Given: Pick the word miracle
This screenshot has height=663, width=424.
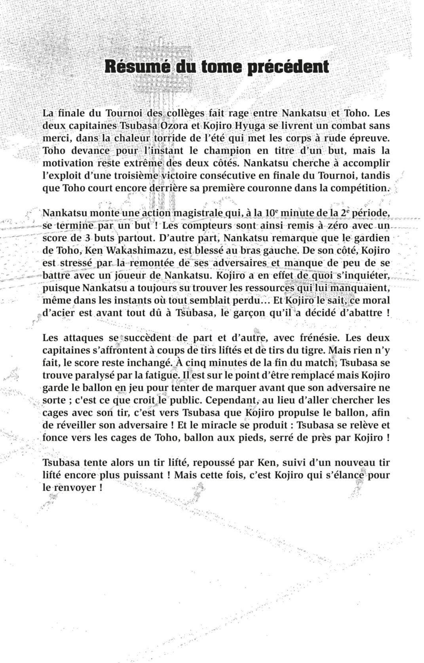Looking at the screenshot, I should click(227, 425).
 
